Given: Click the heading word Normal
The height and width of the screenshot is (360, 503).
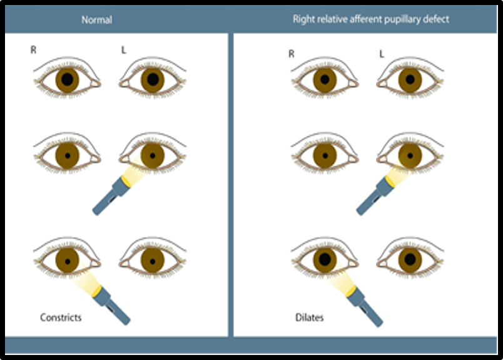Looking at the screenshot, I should [x=97, y=19].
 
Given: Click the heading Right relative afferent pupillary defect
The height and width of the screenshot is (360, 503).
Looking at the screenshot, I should [x=371, y=19].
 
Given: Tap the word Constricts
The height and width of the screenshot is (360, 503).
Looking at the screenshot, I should [x=61, y=317].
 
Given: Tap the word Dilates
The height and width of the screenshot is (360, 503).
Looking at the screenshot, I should [x=309, y=318].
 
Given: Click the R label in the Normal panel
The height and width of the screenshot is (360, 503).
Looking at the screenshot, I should [x=33, y=49].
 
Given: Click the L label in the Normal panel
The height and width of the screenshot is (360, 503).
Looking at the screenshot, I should [x=124, y=49].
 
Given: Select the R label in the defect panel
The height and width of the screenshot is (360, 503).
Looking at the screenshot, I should [x=291, y=53].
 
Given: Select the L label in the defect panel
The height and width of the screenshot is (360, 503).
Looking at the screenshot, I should [x=382, y=53].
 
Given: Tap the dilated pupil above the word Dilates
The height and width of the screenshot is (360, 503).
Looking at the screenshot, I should [x=325, y=258].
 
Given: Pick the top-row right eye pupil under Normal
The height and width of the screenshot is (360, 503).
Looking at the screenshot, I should [x=67, y=79].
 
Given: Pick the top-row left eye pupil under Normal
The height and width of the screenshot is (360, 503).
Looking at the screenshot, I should [x=152, y=79].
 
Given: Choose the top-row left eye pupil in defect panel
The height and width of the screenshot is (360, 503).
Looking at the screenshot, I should [x=410, y=80].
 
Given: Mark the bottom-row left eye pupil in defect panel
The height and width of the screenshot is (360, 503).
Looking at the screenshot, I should [x=410, y=258].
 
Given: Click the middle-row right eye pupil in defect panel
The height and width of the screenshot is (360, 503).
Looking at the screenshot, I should [x=325, y=155].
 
